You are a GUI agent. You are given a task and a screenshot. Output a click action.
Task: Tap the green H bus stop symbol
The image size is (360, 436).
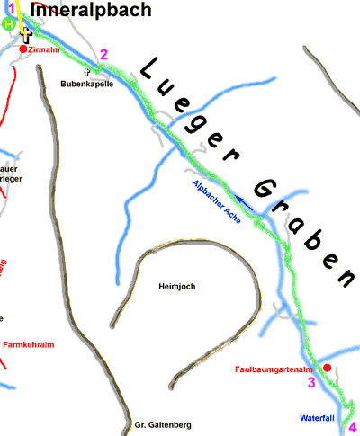[x=9, y=25]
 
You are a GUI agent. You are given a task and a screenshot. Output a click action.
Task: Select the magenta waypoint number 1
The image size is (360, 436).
[x=9, y=8]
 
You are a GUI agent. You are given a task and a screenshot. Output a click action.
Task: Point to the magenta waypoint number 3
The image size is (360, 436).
[x=311, y=383]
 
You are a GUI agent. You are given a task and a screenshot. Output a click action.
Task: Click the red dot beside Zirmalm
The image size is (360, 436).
[x=23, y=49]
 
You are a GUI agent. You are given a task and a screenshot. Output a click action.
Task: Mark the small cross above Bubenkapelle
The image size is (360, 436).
[x=87, y=71]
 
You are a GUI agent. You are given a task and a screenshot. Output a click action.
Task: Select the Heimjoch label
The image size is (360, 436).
[x=176, y=287]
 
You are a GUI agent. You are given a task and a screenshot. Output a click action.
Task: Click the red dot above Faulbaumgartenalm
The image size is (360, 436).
[x=328, y=368]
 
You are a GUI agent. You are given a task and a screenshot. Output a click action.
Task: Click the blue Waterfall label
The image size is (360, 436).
[x=317, y=419]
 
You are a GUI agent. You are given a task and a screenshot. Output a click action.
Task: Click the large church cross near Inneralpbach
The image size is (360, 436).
[x=26, y=35]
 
